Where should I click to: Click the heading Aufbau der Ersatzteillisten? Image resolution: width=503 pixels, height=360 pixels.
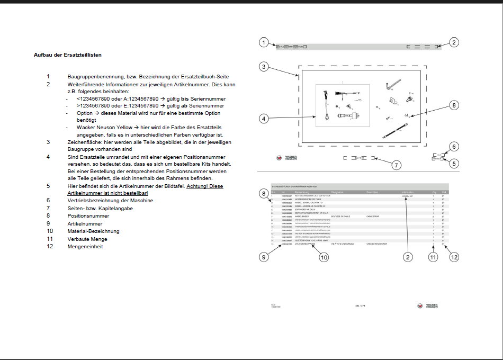[x=68, y=55]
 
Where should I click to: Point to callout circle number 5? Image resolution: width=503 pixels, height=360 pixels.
[x=454, y=164]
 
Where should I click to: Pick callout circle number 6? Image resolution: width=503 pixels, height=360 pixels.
[x=454, y=147]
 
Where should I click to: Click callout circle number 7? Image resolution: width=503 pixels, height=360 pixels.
[x=396, y=165]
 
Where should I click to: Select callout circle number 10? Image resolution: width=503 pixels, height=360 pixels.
[x=324, y=257]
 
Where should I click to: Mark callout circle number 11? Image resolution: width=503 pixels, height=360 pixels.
[x=433, y=257]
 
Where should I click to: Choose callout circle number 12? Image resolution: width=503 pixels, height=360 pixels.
[x=454, y=257]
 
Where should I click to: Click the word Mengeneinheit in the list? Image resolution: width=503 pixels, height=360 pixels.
[x=85, y=246]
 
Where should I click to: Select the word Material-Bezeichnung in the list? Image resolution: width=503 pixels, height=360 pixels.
[x=94, y=231]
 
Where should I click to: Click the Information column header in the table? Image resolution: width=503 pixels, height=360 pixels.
[x=408, y=192]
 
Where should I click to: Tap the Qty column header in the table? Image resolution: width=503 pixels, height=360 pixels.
[x=434, y=192]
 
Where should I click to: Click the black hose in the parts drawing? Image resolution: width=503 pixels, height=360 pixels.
[x=395, y=130]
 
